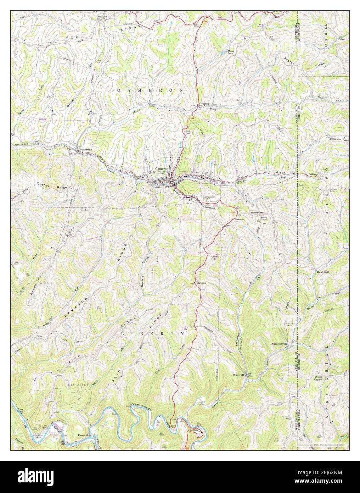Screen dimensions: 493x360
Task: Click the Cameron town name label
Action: pos(161,169)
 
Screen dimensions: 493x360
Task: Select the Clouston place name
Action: pos(204,104)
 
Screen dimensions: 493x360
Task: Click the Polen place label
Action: pos(341,39)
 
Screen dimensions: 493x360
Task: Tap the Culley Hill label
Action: pos(216,258)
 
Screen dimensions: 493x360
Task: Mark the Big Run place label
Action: pos(201,283)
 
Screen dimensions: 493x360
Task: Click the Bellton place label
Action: pos(194,430)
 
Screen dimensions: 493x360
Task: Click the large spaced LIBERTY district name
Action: pos(153,334)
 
